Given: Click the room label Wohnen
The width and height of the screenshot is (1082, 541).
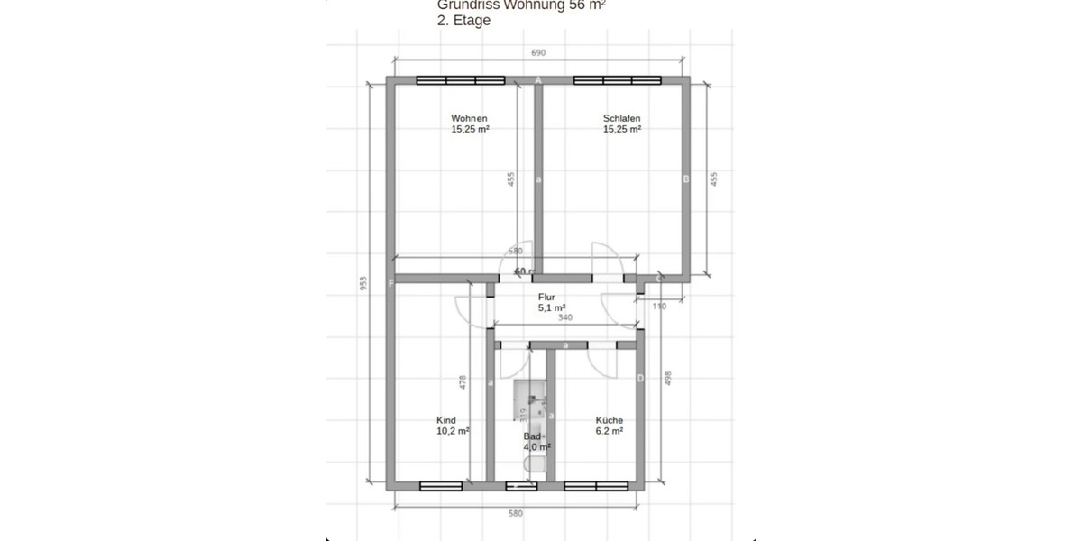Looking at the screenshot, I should coord(470,118).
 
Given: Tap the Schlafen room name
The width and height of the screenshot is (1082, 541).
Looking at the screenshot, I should coord(621,118).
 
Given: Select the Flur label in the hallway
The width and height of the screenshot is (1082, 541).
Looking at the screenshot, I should coord(546,297).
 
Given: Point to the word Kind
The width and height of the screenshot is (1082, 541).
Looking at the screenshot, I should coord(446,420).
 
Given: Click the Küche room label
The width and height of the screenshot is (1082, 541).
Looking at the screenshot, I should coord(609,420).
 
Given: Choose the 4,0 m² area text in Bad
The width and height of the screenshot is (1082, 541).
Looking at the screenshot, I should coord(537,445).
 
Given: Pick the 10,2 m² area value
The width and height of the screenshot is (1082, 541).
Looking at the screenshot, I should coord(453,431).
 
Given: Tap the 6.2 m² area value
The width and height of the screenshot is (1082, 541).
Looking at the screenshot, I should coord(610,431).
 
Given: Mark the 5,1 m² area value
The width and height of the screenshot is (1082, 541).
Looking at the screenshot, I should coord(552,307).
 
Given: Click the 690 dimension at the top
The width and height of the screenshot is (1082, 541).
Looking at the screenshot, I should coord(538,53).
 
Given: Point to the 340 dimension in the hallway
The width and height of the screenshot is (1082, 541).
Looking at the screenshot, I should coord(564,317).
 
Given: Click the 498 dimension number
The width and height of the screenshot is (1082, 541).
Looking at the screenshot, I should coord(668,379).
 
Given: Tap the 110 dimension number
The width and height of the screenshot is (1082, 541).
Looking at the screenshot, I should coord(658,307).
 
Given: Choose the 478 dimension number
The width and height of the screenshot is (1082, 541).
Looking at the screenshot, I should coord(463,382).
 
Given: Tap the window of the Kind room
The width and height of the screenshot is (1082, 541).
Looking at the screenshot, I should coord(441,486).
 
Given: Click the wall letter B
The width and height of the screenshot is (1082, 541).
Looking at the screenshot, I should coord(685,179).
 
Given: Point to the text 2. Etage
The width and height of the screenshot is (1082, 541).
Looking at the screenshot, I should coord(463,21).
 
